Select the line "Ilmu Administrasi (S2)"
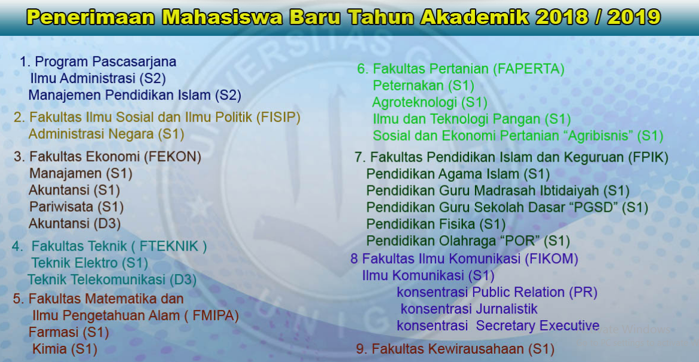tap(98, 78)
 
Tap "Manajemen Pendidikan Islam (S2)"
tap(135, 95)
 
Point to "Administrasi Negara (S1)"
tap(106, 133)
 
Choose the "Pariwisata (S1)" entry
tap(76, 207)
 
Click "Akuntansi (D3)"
tap(75, 224)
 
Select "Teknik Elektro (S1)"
tap(90, 263)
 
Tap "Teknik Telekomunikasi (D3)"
tap(112, 279)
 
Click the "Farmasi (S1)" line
tap(69, 331)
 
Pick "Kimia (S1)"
tap(65, 348)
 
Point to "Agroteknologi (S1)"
tap(430, 102)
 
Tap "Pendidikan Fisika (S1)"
tap(436, 224)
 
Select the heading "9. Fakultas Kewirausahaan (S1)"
tap(455, 349)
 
